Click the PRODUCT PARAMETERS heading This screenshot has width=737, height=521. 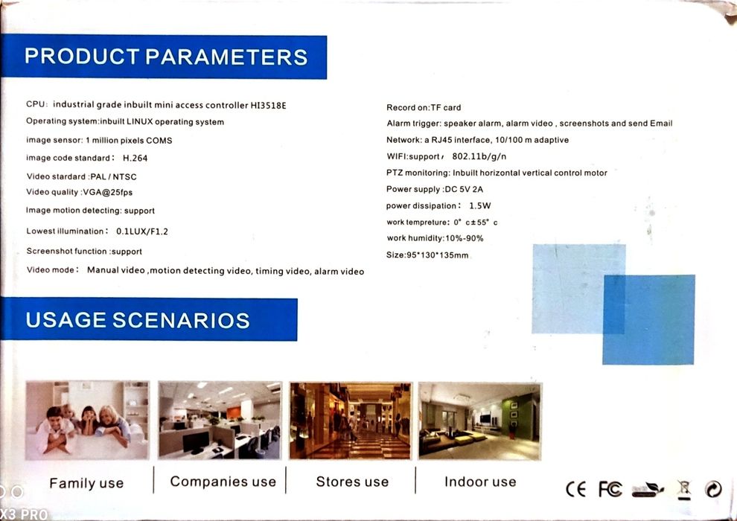[x=166, y=57]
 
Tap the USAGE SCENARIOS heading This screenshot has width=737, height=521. [x=137, y=320]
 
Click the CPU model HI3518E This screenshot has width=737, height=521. [x=269, y=105]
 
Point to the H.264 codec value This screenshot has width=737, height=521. [x=135, y=159]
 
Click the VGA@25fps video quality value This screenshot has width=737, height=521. [x=108, y=192]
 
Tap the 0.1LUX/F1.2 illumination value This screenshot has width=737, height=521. [x=142, y=231]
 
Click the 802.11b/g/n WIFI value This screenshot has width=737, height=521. [x=479, y=156]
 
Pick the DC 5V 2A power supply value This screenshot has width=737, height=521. [x=464, y=189]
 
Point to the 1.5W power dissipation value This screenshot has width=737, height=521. [x=480, y=205]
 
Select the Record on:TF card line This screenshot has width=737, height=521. [x=424, y=108]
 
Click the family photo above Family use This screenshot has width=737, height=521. [x=87, y=421]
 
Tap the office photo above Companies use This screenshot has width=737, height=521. [x=220, y=421]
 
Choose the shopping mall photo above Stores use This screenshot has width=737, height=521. [x=350, y=421]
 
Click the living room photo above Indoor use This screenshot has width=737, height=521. [x=480, y=421]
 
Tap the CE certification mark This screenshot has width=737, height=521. [x=575, y=490]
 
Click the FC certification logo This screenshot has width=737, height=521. [x=610, y=490]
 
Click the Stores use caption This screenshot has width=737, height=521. [x=353, y=482]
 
